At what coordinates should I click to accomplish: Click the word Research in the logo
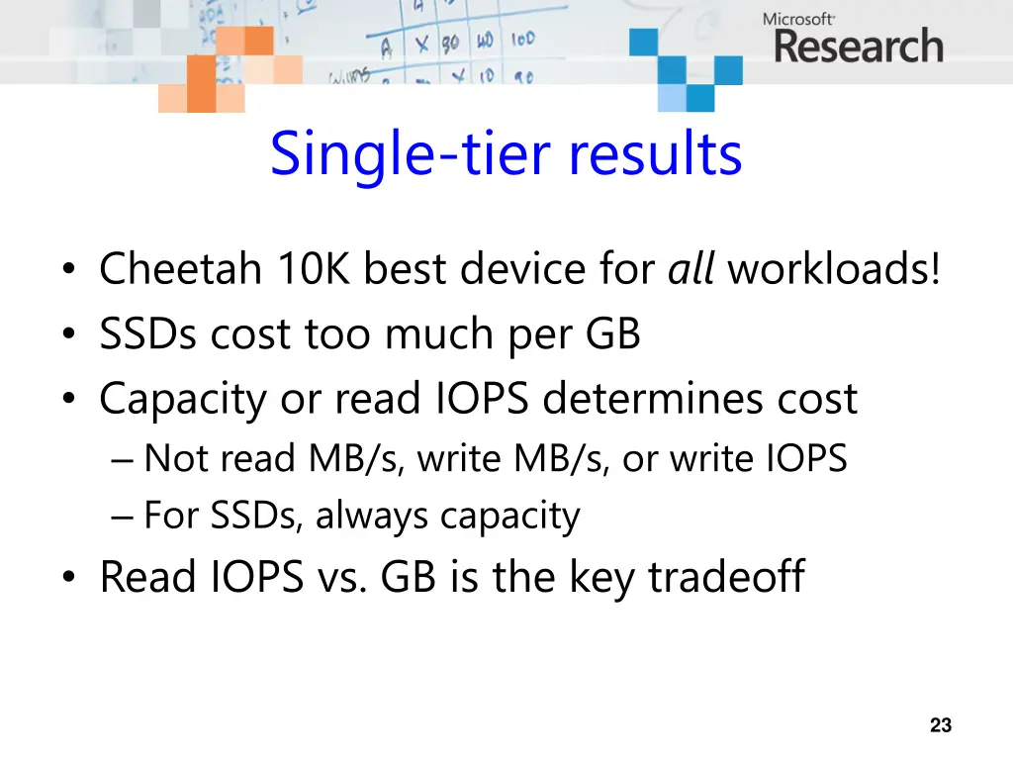858,47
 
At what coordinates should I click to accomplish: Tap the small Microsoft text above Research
798,18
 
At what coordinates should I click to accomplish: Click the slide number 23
941,725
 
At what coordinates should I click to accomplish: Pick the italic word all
691,269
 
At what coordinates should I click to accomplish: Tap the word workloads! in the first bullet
834,269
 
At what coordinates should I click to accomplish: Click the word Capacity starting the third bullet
183,400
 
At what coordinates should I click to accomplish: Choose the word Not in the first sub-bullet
178,458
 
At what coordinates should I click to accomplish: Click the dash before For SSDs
123,517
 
